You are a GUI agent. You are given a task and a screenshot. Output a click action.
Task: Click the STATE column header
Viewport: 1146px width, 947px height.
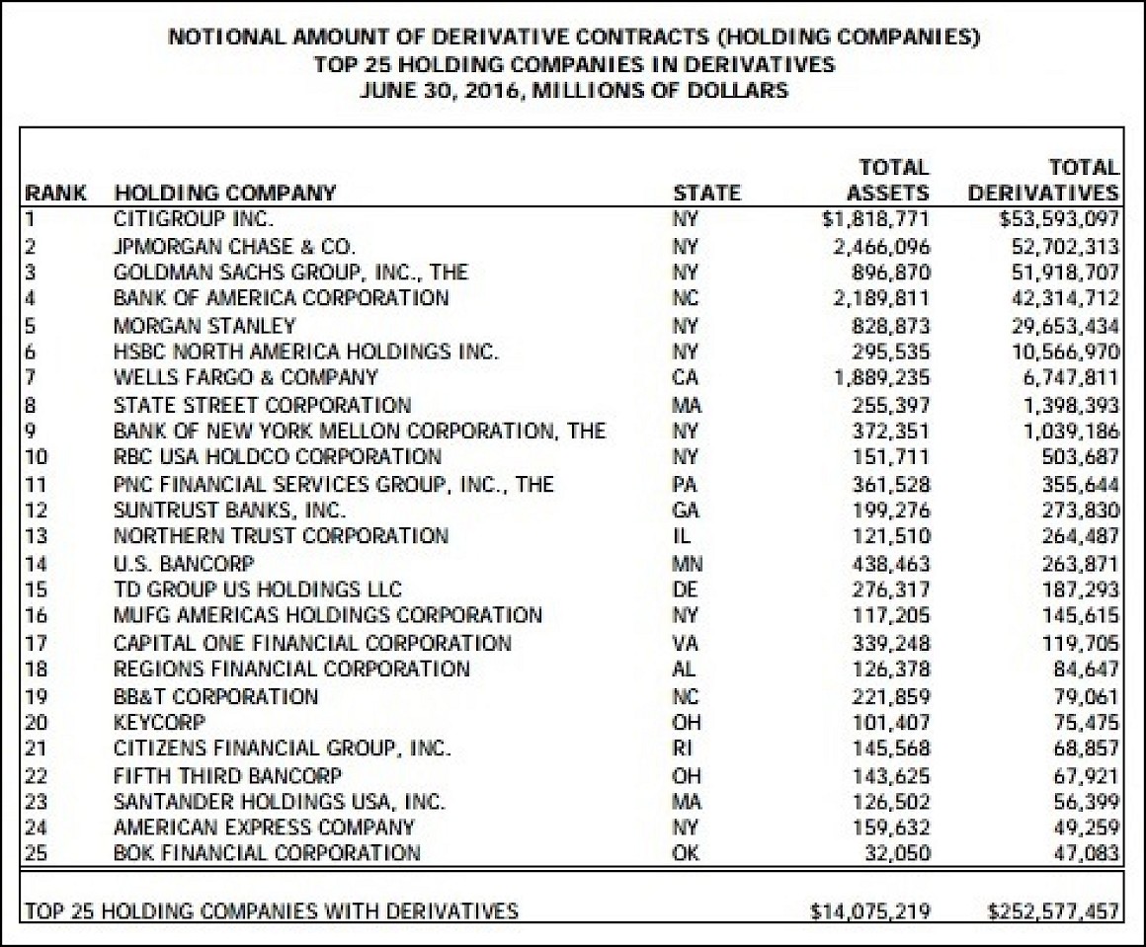click(705, 193)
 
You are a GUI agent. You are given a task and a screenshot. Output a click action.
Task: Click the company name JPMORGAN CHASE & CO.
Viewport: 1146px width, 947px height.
click(234, 245)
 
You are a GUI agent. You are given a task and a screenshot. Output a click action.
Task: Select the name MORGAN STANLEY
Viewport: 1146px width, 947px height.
click(205, 325)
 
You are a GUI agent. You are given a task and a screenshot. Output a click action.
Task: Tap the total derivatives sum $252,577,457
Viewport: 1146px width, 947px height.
click(1052, 910)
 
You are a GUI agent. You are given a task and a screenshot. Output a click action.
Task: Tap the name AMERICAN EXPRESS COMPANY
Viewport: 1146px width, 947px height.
click(264, 827)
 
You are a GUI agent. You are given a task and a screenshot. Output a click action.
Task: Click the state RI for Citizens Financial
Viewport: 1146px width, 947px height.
click(682, 749)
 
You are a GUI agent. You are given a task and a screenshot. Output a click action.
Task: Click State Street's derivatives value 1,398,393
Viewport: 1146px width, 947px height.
click(1069, 405)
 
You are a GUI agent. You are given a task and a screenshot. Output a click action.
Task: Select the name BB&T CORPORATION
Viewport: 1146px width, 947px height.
click(215, 696)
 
